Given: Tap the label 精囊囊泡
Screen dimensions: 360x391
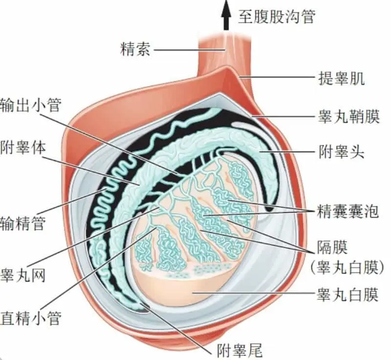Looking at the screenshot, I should [x=348, y=211].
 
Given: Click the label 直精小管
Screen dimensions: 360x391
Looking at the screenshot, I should [x=31, y=318].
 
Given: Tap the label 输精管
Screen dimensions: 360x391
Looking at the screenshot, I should [x=23, y=224].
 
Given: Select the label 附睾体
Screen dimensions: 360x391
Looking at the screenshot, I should [x=23, y=147].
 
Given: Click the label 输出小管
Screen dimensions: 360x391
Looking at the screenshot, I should [x=31, y=104].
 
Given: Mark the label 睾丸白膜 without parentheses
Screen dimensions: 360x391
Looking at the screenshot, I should [x=348, y=295].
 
